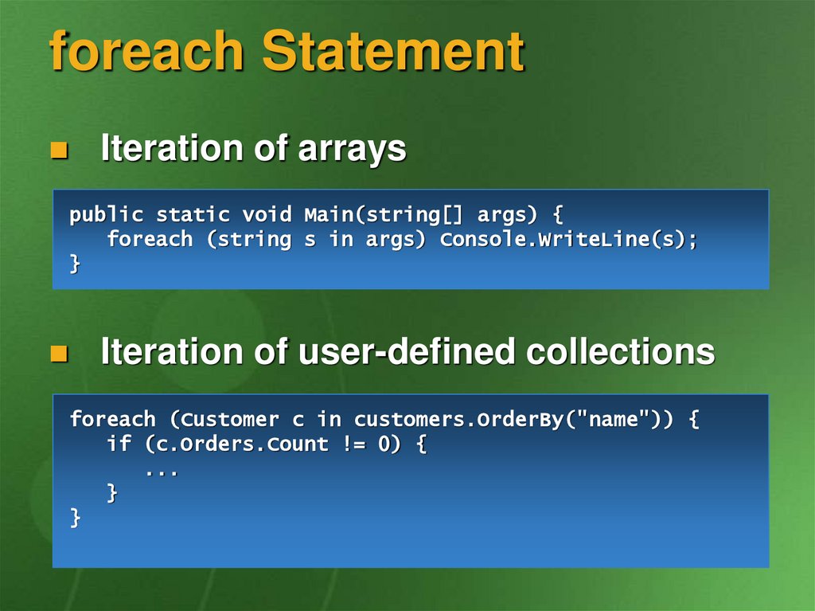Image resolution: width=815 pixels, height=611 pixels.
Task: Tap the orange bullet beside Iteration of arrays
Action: pos(59,150)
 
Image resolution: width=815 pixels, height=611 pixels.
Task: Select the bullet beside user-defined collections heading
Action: pos(59,354)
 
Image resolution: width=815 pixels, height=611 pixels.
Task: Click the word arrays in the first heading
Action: pos(352,150)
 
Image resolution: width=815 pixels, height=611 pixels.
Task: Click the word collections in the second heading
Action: pos(621,351)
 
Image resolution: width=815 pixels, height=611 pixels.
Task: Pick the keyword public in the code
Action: pos(106,215)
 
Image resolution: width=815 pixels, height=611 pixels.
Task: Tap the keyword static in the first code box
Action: pos(193,214)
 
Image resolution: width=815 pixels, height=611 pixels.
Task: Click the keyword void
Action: pos(267,214)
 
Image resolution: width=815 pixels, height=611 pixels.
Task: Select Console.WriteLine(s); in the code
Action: pos(568,240)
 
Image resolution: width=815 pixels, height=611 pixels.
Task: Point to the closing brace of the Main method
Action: pos(76,264)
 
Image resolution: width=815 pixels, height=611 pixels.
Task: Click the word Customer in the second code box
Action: pos(224,420)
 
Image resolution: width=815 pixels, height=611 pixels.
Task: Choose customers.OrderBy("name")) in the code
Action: pos(513,420)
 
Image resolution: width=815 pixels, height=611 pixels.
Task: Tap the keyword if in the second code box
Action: pos(119,444)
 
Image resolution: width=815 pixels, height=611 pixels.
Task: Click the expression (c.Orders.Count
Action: pos(236,445)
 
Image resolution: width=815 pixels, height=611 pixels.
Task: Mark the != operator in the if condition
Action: pos(353,444)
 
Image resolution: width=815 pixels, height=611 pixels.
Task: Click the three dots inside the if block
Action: pos(162,472)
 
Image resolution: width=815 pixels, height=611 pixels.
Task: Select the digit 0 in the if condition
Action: pos(384,444)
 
